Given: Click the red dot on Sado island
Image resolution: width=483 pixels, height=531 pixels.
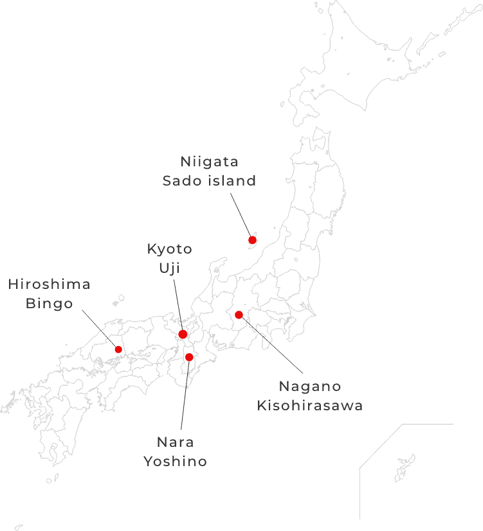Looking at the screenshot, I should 252,240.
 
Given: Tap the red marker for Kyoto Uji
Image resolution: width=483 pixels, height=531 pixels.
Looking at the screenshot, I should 183,334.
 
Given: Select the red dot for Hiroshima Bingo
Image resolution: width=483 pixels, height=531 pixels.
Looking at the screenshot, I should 118,349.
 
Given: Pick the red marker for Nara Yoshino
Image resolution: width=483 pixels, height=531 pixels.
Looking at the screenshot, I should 189,357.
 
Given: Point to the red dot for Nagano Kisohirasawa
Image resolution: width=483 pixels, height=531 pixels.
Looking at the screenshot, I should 239,315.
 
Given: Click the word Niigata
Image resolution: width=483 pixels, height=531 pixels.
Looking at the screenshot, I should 209,161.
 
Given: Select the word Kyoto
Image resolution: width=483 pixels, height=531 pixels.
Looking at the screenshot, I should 169,248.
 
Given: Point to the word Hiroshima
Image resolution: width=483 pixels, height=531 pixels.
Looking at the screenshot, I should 49,284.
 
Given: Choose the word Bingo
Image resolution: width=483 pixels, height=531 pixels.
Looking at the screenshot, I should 49,303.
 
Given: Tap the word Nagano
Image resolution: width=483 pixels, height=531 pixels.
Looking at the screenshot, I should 310,387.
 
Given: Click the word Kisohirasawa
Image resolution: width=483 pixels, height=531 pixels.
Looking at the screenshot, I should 310,406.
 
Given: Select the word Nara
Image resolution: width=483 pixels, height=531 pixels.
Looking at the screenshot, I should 176,442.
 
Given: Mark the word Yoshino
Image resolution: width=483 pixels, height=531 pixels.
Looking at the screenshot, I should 176,461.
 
